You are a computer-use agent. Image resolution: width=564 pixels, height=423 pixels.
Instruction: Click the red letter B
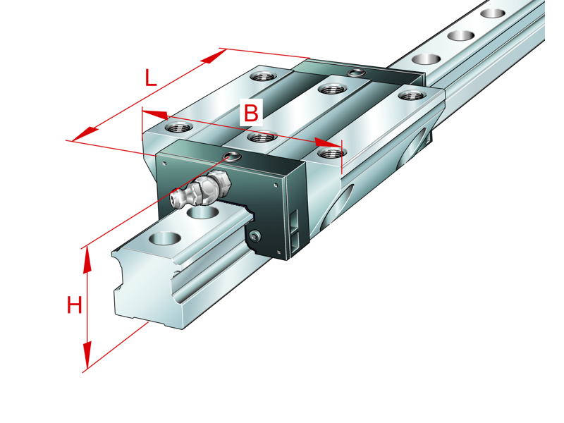pos(252,111)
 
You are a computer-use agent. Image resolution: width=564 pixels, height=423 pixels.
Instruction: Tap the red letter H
pos(74,305)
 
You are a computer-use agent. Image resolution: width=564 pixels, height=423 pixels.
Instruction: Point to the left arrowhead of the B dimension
pos(154,114)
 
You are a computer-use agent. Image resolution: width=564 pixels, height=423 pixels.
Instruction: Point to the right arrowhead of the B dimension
pos(329,143)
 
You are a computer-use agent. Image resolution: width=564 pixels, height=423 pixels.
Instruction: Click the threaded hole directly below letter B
pos(260,136)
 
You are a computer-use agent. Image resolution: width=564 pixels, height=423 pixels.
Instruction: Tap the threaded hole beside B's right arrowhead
pos(329,152)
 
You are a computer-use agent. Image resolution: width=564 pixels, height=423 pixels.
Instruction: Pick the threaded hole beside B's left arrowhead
pos(175,128)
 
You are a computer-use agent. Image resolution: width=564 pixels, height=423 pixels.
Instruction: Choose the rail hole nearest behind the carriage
pos(426,60)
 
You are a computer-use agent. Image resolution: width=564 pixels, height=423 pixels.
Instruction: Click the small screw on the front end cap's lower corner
pos(255,235)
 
